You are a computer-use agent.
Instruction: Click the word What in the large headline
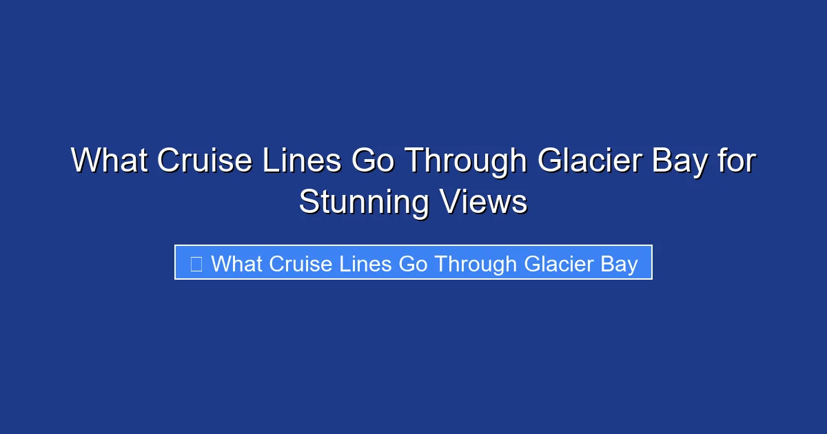pyautogui.click(x=109, y=161)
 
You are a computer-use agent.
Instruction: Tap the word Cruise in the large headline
pyautogui.click(x=204, y=161)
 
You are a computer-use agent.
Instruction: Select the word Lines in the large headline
pyautogui.click(x=301, y=161)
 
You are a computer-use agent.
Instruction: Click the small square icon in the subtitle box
pyautogui.click(x=196, y=263)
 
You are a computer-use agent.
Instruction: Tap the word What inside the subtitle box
pyautogui.click(x=237, y=263)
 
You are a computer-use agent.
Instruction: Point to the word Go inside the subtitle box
pyautogui.click(x=413, y=263)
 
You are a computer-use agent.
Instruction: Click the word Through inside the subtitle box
pyautogui.click(x=476, y=263)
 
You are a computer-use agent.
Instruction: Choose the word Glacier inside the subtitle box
pyautogui.click(x=559, y=263)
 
